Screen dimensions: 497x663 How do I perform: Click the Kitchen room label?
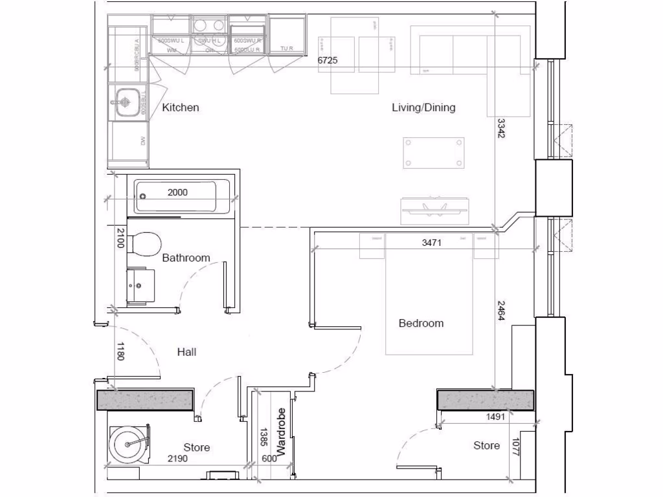point(180,107)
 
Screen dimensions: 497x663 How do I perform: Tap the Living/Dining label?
point(423,107)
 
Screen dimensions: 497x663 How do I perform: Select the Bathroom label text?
point(186,258)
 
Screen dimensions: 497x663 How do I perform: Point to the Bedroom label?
point(421,323)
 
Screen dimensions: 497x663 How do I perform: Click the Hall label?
point(186,352)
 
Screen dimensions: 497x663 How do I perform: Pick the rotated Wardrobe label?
point(281,431)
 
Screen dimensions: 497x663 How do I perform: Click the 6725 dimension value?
point(327,60)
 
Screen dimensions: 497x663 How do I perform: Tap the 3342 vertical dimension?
point(501,129)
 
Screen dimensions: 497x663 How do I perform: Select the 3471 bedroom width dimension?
point(432,243)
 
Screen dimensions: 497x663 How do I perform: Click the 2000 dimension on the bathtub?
point(178,192)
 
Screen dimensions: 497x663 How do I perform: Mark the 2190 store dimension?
point(177,459)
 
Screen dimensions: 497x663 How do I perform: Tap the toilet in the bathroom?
point(144,245)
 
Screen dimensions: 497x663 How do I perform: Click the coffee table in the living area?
point(433,153)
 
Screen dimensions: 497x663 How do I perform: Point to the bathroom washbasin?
point(139,283)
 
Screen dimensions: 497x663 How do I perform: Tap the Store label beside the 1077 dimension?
point(486,445)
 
